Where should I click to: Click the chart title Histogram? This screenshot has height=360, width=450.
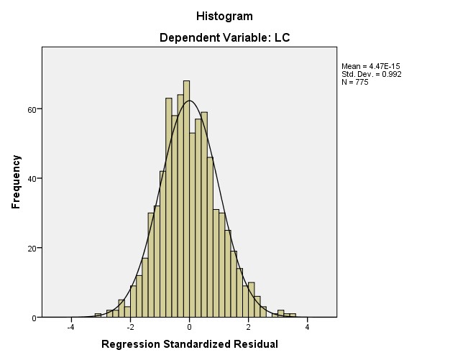pyautogui.click(x=224, y=16)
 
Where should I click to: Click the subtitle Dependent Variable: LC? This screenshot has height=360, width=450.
pyautogui.click(x=224, y=37)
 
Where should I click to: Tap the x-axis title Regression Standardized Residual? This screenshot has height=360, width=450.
pyautogui.click(x=189, y=344)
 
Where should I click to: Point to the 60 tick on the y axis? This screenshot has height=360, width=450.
pyautogui.click(x=33, y=109)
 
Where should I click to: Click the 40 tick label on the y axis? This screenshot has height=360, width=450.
pyautogui.click(x=33, y=179)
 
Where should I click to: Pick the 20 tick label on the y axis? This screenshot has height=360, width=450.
pyautogui.click(x=33, y=249)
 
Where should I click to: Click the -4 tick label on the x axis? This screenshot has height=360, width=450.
pyautogui.click(x=70, y=328)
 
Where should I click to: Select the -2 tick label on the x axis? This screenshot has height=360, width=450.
pyautogui.click(x=129, y=328)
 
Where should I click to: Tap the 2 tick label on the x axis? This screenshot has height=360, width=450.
pyautogui.click(x=248, y=328)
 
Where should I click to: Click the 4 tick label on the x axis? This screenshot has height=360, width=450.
pyautogui.click(x=307, y=328)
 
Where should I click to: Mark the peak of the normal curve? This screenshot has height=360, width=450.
pyautogui.click(x=189, y=101)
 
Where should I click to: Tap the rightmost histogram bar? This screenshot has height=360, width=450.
pyautogui.click(x=293, y=315)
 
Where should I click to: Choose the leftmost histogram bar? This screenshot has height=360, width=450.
pyautogui.click(x=98, y=315)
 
